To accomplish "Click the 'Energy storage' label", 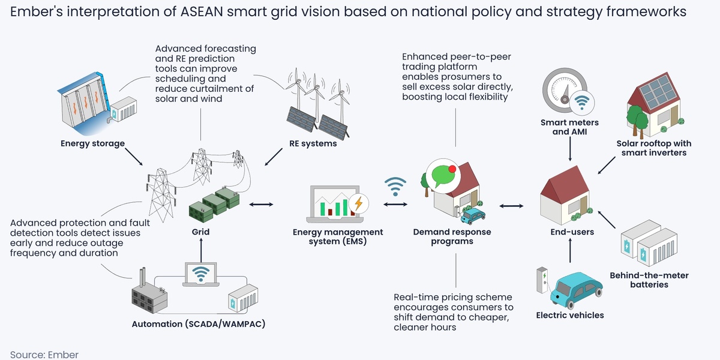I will pos(92,143).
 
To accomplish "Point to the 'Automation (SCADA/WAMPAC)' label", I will pos(198,325).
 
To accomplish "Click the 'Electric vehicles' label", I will pos(569,315).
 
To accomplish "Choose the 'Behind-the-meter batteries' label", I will pos(649,280).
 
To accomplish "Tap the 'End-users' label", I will pos(572,232).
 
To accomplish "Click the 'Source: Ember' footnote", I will pos(44,354).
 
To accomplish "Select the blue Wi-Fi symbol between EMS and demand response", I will pos(395,186).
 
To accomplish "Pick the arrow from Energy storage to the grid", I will pos(131,157).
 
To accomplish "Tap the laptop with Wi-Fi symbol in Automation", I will pos(202,274).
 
